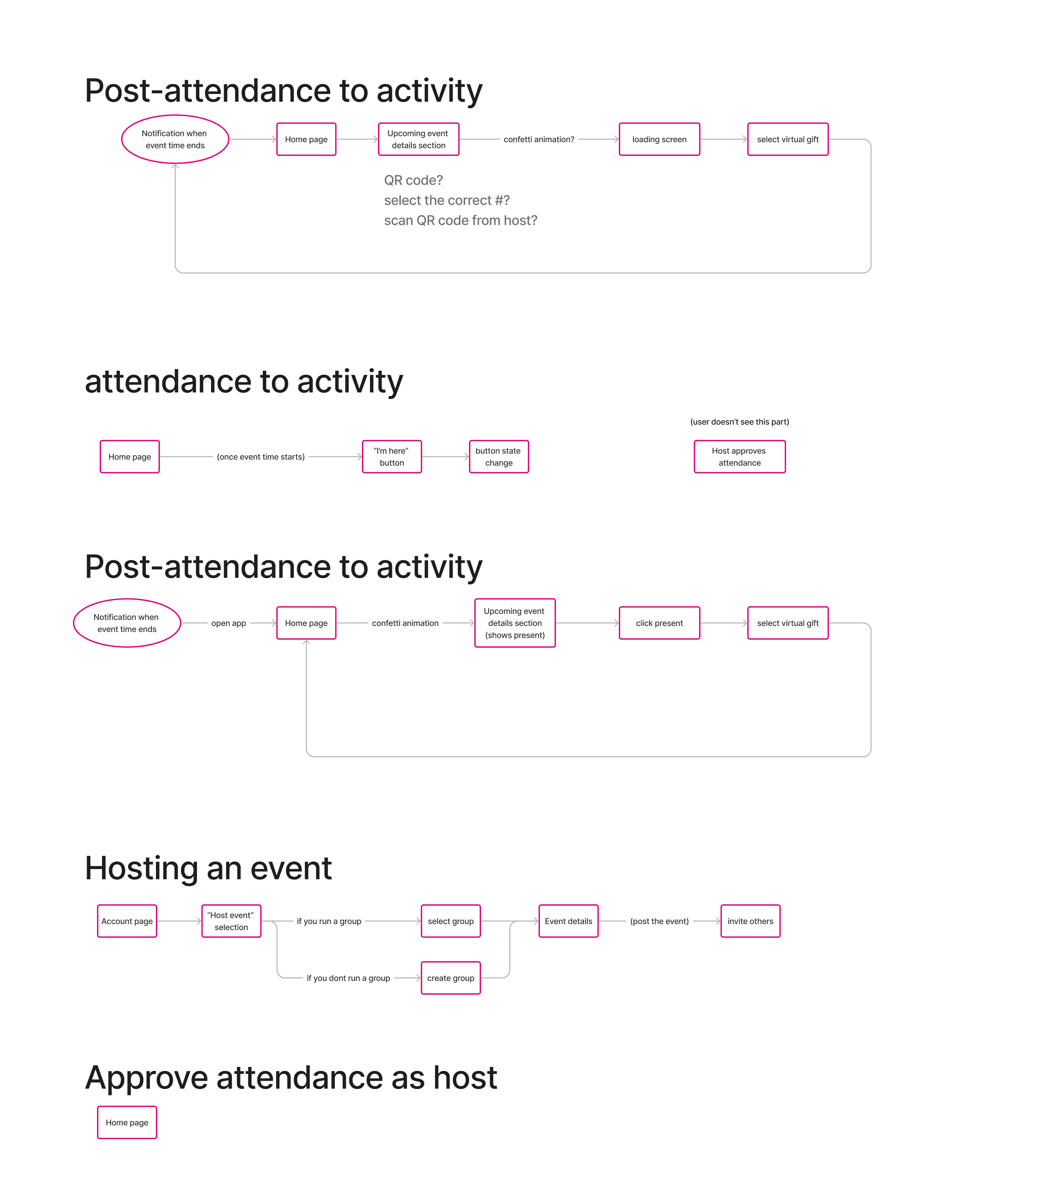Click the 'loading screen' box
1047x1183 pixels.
tap(659, 140)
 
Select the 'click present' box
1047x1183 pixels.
tap(659, 623)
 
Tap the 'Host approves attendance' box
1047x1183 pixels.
tap(740, 457)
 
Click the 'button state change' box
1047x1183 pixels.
tap(499, 457)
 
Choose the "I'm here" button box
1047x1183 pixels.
tap(392, 457)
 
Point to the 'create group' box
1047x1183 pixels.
tap(451, 978)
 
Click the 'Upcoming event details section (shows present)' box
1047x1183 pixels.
tap(515, 623)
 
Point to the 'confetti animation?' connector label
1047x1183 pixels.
tap(539, 140)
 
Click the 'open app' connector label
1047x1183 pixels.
tap(228, 623)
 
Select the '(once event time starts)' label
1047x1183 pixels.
tap(261, 457)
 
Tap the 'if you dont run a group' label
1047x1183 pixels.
tap(349, 978)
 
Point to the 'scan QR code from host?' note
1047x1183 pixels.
tap(461, 220)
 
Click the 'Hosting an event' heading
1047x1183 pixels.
tap(208, 868)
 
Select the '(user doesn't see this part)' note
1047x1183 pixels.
tap(740, 422)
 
